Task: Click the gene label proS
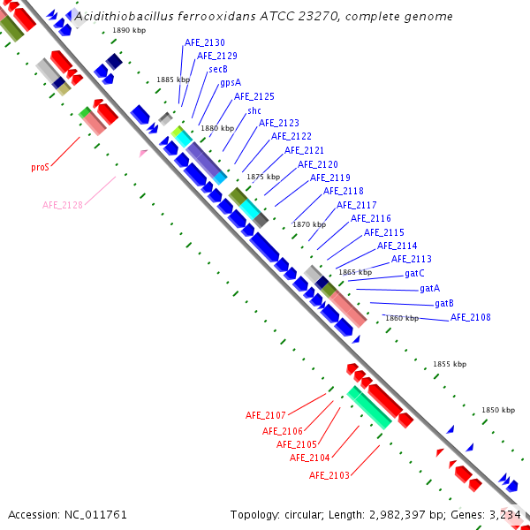[x=40, y=166]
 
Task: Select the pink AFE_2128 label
[x=63, y=205]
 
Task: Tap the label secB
[x=218, y=69]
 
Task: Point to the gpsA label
[x=231, y=82]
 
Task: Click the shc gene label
[x=254, y=110]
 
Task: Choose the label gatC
[x=415, y=274]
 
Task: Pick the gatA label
[x=430, y=288]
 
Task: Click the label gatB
[x=444, y=303]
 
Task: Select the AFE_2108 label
[x=470, y=317]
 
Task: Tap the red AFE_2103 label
[x=329, y=475]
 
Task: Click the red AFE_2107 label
[x=265, y=415]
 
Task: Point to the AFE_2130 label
[x=205, y=42]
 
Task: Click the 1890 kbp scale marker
[x=129, y=30]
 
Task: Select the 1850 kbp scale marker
[x=497, y=410]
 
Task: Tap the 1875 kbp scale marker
[x=263, y=177]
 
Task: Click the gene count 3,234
[x=506, y=514]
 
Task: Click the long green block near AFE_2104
[x=369, y=407]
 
